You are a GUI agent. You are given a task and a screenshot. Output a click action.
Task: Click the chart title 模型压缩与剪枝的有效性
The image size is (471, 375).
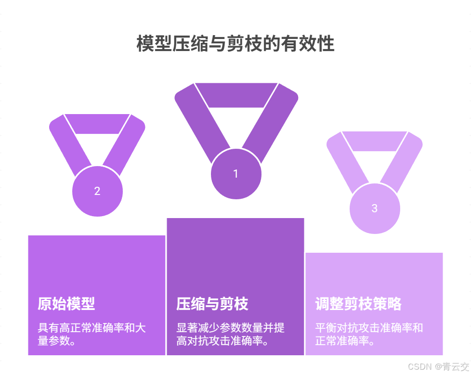pyautogui.click(x=235, y=44)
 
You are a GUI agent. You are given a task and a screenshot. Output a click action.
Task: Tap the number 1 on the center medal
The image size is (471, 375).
pyautogui.click(x=235, y=174)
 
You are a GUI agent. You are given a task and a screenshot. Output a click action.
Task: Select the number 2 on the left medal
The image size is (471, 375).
pyautogui.click(x=97, y=191)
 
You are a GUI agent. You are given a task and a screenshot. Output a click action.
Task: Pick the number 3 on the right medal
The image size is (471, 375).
pyautogui.click(x=375, y=208)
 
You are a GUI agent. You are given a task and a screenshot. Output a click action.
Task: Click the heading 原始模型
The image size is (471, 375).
pyautogui.click(x=66, y=304)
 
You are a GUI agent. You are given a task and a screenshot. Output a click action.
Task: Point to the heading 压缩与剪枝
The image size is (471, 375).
pyautogui.click(x=212, y=304)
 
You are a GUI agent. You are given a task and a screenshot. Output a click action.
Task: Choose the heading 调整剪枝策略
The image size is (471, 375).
pyautogui.click(x=358, y=304)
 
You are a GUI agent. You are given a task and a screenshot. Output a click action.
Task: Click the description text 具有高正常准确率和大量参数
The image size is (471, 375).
pyautogui.click(x=92, y=335)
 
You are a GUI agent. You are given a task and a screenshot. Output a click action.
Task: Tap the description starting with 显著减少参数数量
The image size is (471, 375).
pyautogui.click(x=230, y=335)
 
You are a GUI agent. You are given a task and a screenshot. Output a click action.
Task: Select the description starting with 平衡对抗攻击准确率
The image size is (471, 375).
pyautogui.click(x=369, y=335)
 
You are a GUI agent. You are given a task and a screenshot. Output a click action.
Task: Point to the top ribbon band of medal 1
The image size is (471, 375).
pyautogui.click(x=236, y=94)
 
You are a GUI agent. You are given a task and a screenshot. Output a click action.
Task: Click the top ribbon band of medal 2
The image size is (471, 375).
pyautogui.click(x=97, y=123)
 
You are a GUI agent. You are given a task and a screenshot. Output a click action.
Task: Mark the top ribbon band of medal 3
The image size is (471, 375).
pyautogui.click(x=375, y=141)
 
